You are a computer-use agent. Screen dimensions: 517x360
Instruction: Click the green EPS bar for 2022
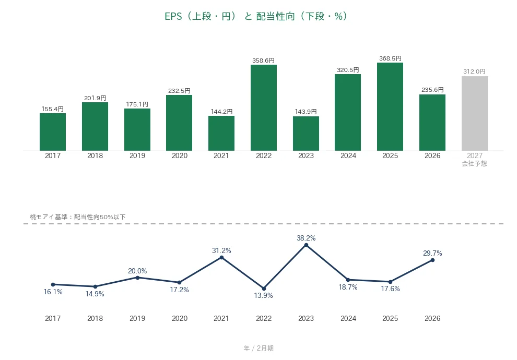click(263, 107)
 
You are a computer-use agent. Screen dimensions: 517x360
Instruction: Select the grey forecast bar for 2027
click(475, 113)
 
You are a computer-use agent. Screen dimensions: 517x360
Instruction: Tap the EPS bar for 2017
click(53, 132)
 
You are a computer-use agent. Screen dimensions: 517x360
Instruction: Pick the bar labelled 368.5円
click(390, 107)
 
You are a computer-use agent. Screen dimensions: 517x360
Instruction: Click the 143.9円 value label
click(305, 112)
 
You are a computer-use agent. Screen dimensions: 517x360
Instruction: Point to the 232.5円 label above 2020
click(179, 91)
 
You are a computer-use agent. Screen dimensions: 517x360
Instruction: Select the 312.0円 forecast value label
click(474, 71)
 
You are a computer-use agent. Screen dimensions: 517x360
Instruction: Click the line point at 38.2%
click(306, 245)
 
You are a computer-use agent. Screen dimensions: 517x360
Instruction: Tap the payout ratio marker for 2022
click(264, 289)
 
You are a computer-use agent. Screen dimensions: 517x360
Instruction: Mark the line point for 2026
click(432, 260)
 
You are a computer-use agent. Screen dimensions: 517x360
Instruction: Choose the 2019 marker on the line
click(137, 278)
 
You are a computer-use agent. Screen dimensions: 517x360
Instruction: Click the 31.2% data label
click(221, 250)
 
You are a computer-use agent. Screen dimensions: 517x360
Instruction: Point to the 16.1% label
click(53, 292)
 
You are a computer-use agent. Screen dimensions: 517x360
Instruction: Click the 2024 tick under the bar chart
click(348, 156)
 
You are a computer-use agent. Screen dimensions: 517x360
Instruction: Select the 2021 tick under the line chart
click(221, 318)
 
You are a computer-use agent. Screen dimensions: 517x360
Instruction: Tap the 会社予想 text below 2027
click(474, 163)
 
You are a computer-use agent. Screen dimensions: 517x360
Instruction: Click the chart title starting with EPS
click(256, 16)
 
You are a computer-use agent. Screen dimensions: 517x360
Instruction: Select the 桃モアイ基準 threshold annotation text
click(77, 217)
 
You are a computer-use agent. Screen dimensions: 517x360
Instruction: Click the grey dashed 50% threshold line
click(263, 224)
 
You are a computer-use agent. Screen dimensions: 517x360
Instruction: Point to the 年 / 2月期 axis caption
click(258, 348)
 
